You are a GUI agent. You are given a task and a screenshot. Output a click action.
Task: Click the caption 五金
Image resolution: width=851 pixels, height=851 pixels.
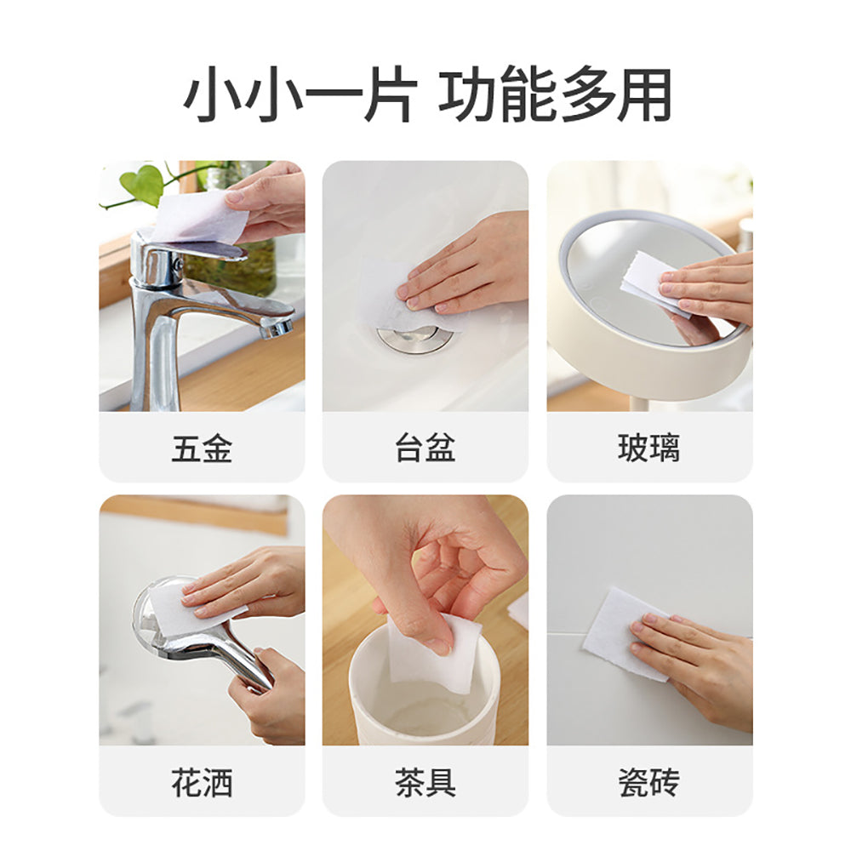(x=202, y=448)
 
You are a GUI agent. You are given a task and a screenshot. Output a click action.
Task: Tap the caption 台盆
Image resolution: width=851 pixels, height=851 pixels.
(x=425, y=448)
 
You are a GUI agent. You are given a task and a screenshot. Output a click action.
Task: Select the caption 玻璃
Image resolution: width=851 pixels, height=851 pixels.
(x=648, y=448)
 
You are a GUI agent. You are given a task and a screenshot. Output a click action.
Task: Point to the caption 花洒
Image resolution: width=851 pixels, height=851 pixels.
(x=202, y=782)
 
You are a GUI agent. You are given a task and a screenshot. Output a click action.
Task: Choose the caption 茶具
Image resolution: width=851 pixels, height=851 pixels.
(x=425, y=782)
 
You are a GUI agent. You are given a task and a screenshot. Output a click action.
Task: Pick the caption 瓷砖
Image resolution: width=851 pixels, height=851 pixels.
(x=648, y=782)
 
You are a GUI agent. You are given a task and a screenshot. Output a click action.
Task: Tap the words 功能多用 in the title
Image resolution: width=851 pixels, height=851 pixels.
(x=555, y=95)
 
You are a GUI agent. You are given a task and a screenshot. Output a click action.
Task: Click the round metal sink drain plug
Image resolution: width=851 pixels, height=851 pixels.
(x=415, y=338)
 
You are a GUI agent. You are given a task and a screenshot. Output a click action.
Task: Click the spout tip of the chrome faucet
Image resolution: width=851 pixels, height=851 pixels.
(x=277, y=328)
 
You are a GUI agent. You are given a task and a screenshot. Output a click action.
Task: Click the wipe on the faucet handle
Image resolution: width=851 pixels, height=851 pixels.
(x=197, y=217)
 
